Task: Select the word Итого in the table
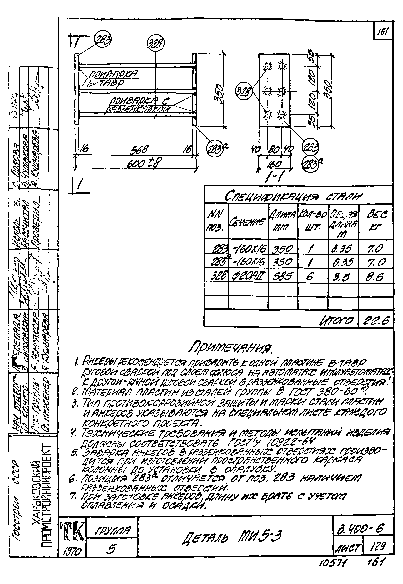337,321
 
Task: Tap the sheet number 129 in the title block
378,546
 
